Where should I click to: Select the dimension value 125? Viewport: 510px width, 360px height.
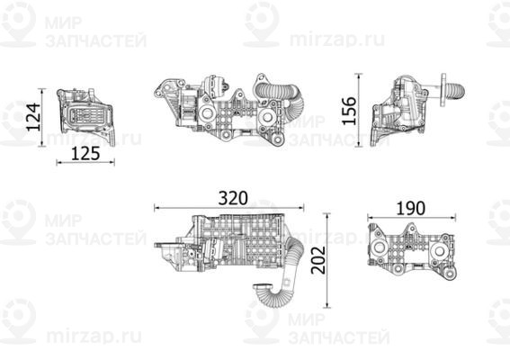pyautogui.click(x=85, y=153)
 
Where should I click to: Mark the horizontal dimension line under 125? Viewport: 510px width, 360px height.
pyautogui.click(x=85, y=162)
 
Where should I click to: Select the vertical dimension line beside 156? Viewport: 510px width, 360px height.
pyautogui.click(x=361, y=111)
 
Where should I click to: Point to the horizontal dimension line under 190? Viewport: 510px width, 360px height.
pyautogui.click(x=409, y=217)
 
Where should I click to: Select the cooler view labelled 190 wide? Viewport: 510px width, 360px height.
pyautogui.click(x=409, y=250)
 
